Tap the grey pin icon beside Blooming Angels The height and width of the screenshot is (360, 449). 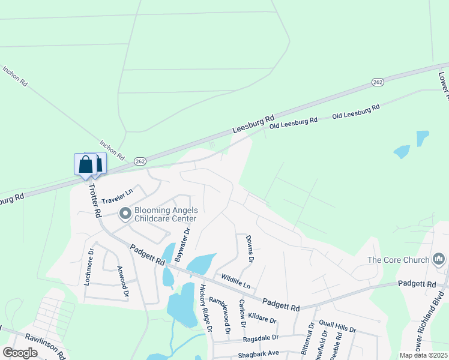point(125,214)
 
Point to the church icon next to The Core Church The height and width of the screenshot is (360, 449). point(438,259)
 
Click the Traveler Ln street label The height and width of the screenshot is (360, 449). point(116,196)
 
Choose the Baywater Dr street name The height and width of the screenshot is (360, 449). point(182,244)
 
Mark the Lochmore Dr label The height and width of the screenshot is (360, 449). point(89,266)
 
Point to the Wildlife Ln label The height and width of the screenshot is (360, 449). point(235,280)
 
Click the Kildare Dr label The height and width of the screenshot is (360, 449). point(261,316)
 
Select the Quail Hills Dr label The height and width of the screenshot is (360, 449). point(337,326)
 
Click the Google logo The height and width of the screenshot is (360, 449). point(20,353)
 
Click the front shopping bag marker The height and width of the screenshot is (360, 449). point(85,164)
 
